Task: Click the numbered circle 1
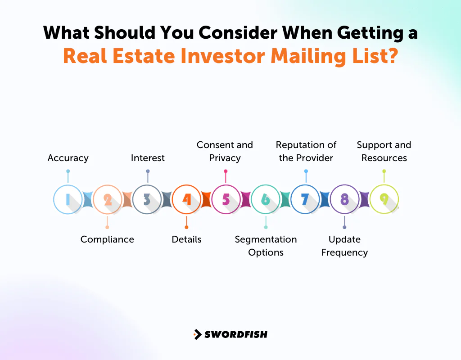pyautogui.click(x=68, y=199)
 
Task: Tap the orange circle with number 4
pyautogui.click(x=186, y=199)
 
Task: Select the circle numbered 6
pyautogui.click(x=266, y=199)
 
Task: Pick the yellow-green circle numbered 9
pyautogui.click(x=384, y=199)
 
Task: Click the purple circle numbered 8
pyautogui.click(x=344, y=199)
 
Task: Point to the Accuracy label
pyautogui.click(x=68, y=158)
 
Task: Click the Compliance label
pyautogui.click(x=107, y=239)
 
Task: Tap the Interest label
pyautogui.click(x=148, y=158)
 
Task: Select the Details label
pyautogui.click(x=186, y=239)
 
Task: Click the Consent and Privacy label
pyautogui.click(x=225, y=151)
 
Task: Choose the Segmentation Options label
pyautogui.click(x=266, y=246)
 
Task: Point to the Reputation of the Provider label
pyautogui.click(x=306, y=151)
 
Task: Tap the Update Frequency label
pyautogui.click(x=344, y=246)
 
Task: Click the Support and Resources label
pyautogui.click(x=384, y=151)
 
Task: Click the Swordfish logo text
pyautogui.click(x=236, y=334)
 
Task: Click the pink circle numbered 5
pyautogui.click(x=226, y=199)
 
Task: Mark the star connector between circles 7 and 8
pyautogui.click(x=325, y=199)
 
